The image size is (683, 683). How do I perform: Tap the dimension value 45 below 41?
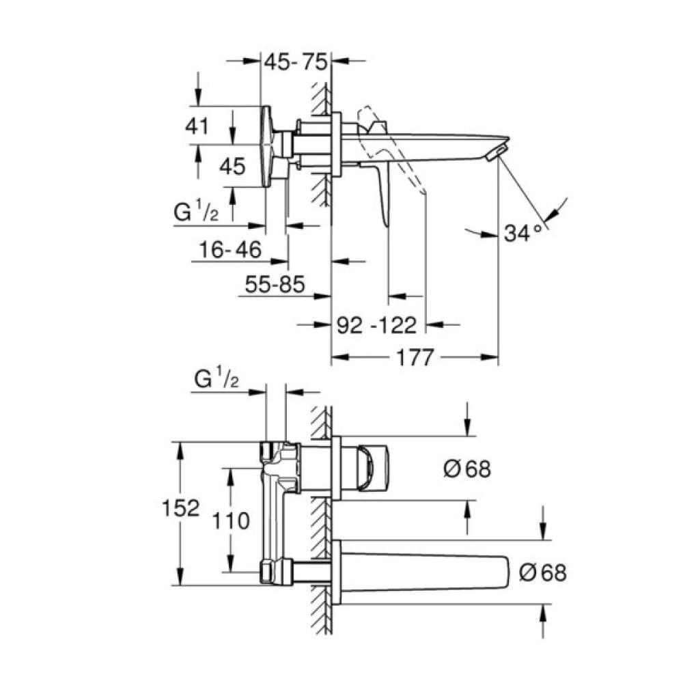click(x=232, y=167)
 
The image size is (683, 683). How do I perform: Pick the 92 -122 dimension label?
click(x=377, y=325)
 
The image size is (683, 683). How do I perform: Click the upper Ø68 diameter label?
click(x=466, y=469)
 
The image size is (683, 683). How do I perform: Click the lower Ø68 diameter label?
click(x=542, y=572)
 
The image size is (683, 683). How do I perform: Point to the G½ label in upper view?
click(x=197, y=213)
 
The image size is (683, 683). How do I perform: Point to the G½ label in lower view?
click(x=217, y=378)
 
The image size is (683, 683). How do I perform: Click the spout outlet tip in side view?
click(x=497, y=151)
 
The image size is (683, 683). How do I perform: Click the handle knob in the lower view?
click(x=373, y=468)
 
